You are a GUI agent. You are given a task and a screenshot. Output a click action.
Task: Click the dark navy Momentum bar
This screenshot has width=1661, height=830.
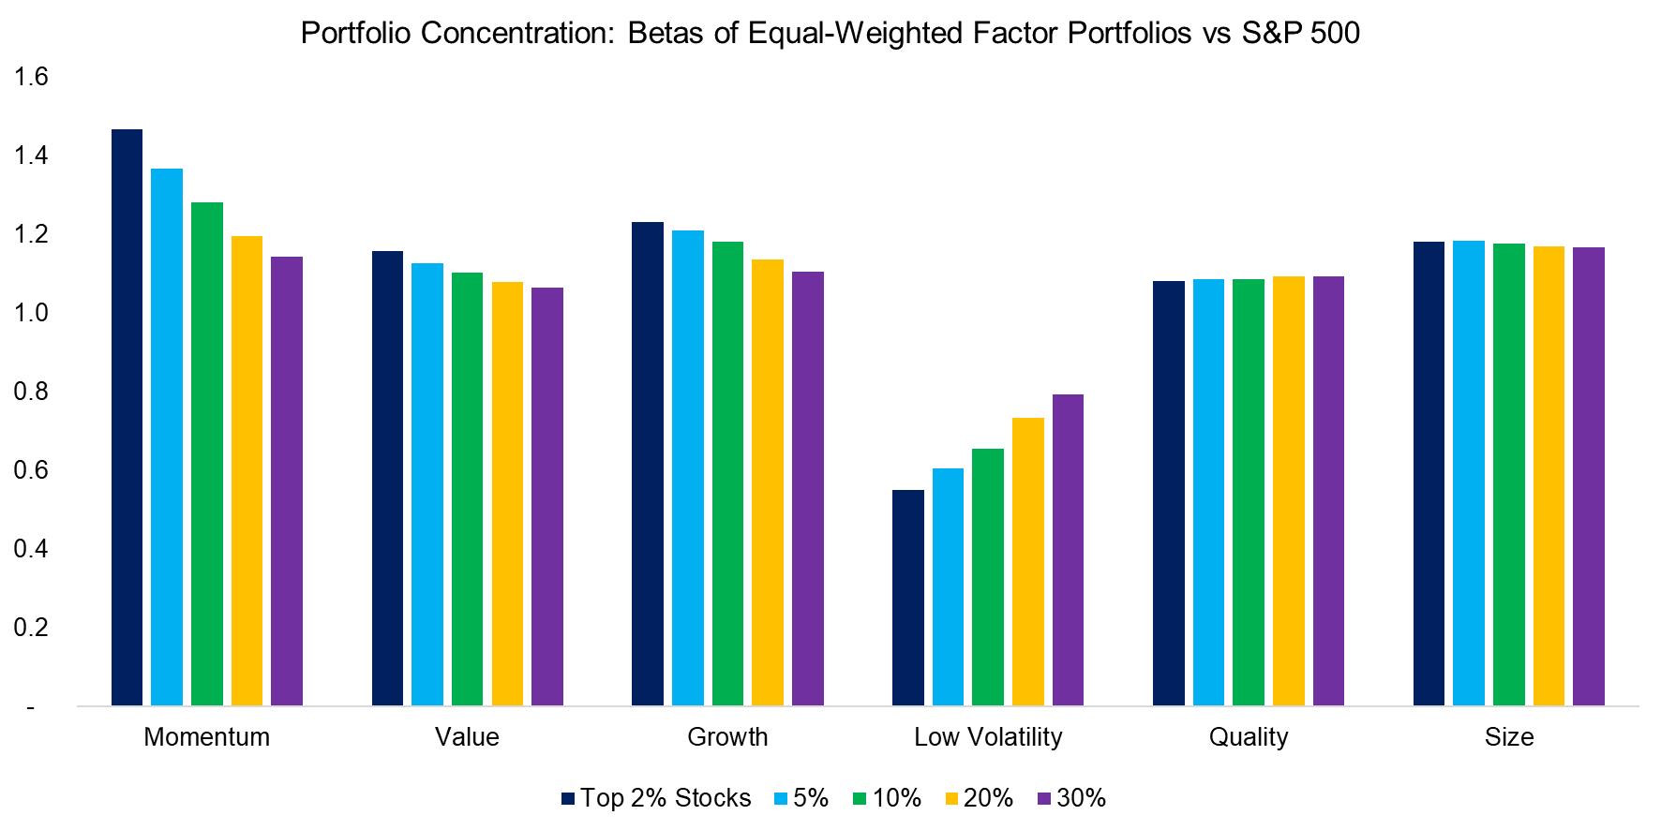tap(127, 417)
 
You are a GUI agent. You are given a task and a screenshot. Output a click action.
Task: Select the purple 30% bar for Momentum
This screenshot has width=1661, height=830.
tap(287, 481)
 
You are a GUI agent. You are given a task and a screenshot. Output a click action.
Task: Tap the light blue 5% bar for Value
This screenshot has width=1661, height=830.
tap(427, 484)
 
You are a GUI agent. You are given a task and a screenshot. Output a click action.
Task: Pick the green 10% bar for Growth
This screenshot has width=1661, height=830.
tap(727, 473)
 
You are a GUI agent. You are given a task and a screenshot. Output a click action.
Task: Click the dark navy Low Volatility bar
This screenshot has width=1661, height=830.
tap(907, 598)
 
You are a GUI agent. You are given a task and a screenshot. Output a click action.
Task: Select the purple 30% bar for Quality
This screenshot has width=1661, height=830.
tap(1328, 491)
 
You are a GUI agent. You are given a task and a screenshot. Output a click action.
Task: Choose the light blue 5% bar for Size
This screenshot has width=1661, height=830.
tap(1469, 473)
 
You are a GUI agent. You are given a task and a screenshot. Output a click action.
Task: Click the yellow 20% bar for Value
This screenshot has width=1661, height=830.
tap(507, 494)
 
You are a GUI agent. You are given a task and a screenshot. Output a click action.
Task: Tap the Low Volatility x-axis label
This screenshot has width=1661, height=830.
tap(988, 737)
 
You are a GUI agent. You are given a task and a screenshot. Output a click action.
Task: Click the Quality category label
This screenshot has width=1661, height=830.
tap(1248, 737)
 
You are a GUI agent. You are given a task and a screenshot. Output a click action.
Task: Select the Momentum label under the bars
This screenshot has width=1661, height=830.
tap(206, 737)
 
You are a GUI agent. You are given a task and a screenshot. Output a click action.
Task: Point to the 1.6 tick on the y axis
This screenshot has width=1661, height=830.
tap(31, 77)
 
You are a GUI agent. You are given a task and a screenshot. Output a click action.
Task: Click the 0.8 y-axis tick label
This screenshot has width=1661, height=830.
tap(31, 392)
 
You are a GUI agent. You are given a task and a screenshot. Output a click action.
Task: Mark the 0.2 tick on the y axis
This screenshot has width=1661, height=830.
tap(31, 628)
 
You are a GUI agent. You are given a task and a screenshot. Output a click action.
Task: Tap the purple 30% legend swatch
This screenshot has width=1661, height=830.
tap(1044, 799)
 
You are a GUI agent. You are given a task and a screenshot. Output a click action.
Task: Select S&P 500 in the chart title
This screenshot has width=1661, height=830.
tap(1300, 33)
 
